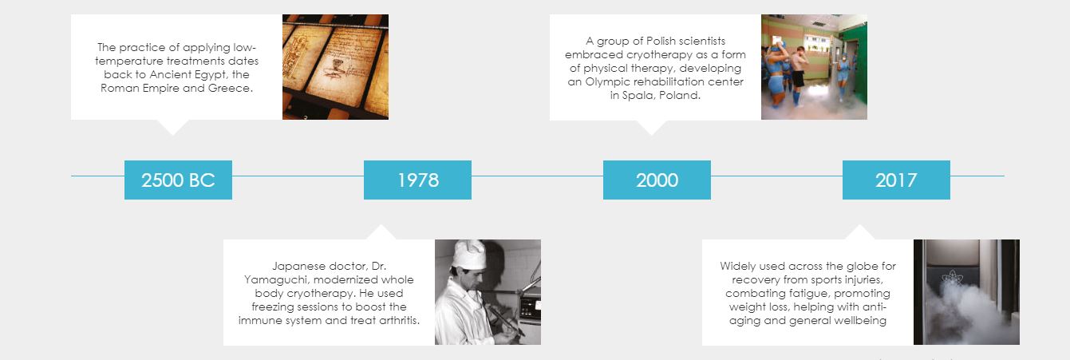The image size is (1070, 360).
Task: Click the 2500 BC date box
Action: (178, 180)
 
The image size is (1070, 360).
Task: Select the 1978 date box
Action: (417, 180)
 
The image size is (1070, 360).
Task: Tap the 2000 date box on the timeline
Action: (657, 180)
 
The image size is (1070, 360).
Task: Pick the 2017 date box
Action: (896, 180)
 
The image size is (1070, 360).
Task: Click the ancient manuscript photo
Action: (335, 67)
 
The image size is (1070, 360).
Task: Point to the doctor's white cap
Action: (468, 253)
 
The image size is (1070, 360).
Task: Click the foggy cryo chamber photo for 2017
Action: (966, 292)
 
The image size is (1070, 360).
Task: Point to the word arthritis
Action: (399, 320)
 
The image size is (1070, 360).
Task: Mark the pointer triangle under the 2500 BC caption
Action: (172, 127)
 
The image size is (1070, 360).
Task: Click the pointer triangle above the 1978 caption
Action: (381, 231)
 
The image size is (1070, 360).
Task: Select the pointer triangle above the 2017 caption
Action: (859, 231)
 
